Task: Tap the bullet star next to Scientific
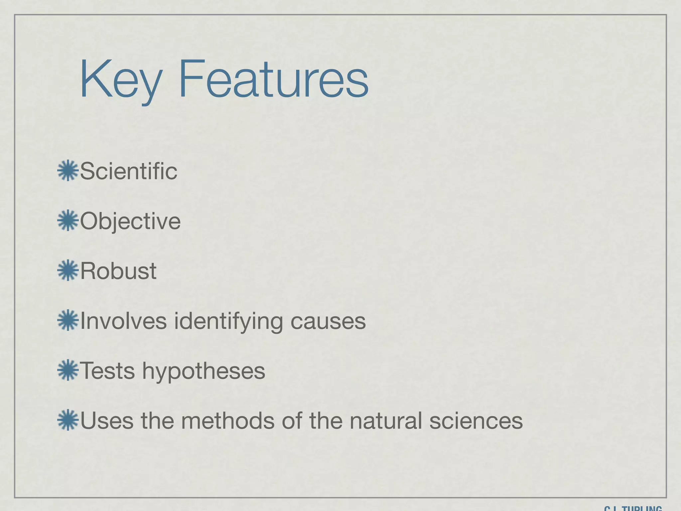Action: tap(68, 171)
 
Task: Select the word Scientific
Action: tap(129, 171)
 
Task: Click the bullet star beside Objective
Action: tap(68, 220)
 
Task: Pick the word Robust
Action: tap(118, 271)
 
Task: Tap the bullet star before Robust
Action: tap(68, 270)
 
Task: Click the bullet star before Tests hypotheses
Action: tap(68, 370)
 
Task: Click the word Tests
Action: tap(107, 371)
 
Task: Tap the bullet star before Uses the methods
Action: tap(68, 420)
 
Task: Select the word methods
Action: tap(228, 421)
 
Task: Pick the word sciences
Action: tap(476, 421)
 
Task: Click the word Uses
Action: tap(107, 421)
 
